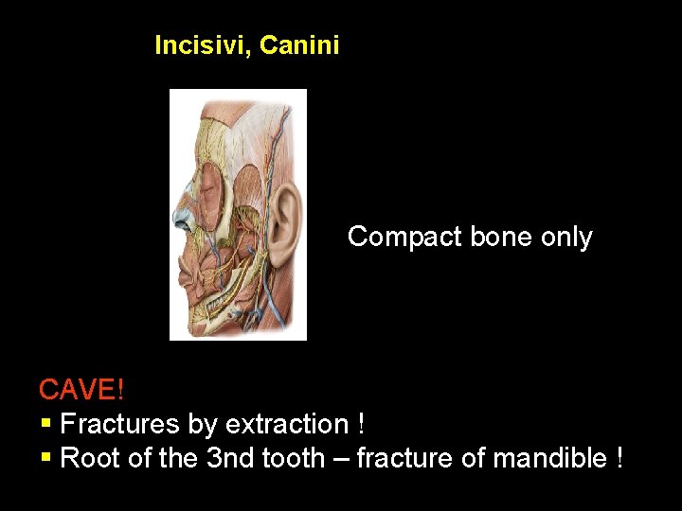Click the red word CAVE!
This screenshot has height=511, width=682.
(x=81, y=389)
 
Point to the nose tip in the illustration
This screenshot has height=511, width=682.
(x=177, y=220)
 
